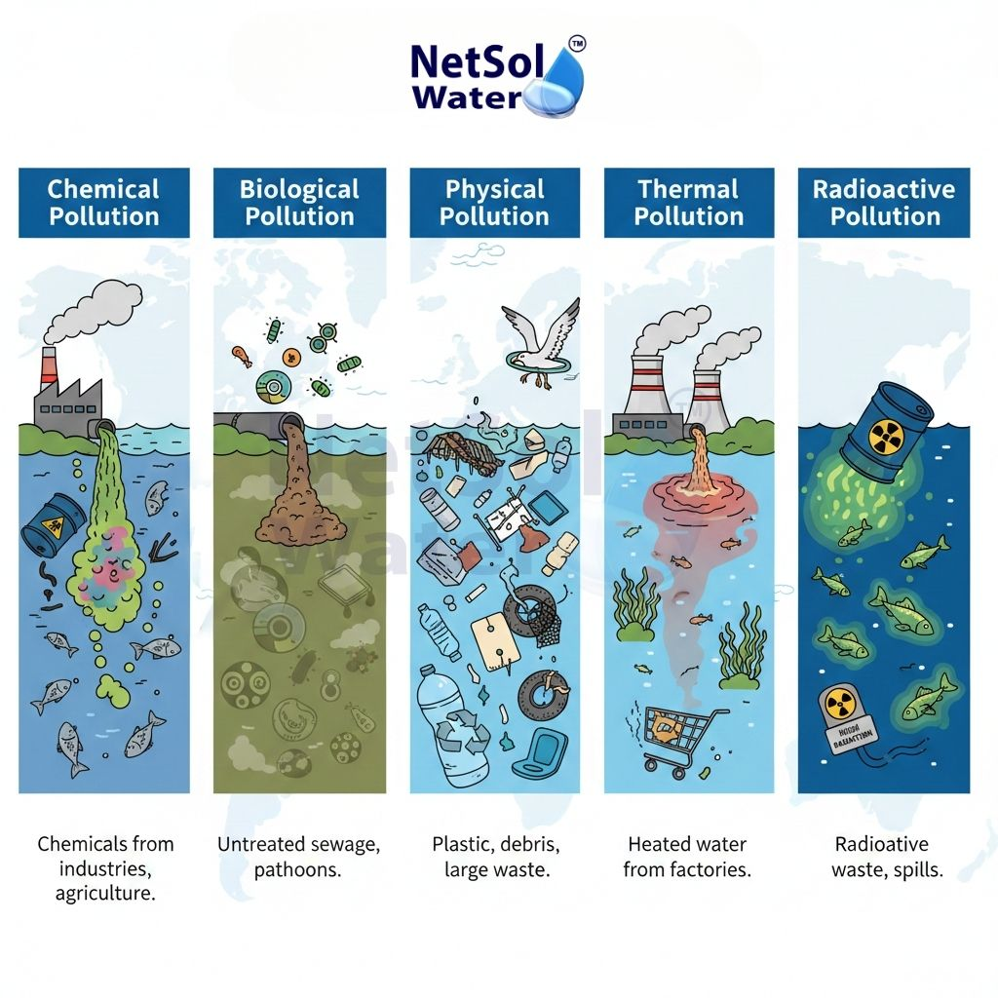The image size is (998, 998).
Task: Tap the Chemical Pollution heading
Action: point(104,203)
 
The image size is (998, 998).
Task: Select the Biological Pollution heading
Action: point(299,203)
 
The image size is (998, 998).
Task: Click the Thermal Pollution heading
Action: point(689,203)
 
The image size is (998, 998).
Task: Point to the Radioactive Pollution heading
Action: point(885,203)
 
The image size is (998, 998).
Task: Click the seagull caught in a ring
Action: point(539,345)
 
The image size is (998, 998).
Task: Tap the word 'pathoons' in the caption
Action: point(298,869)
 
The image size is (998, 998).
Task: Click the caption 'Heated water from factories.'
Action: point(688,857)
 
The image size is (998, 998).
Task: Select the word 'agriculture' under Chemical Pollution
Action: point(105,893)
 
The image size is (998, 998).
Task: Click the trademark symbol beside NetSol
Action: point(577,44)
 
